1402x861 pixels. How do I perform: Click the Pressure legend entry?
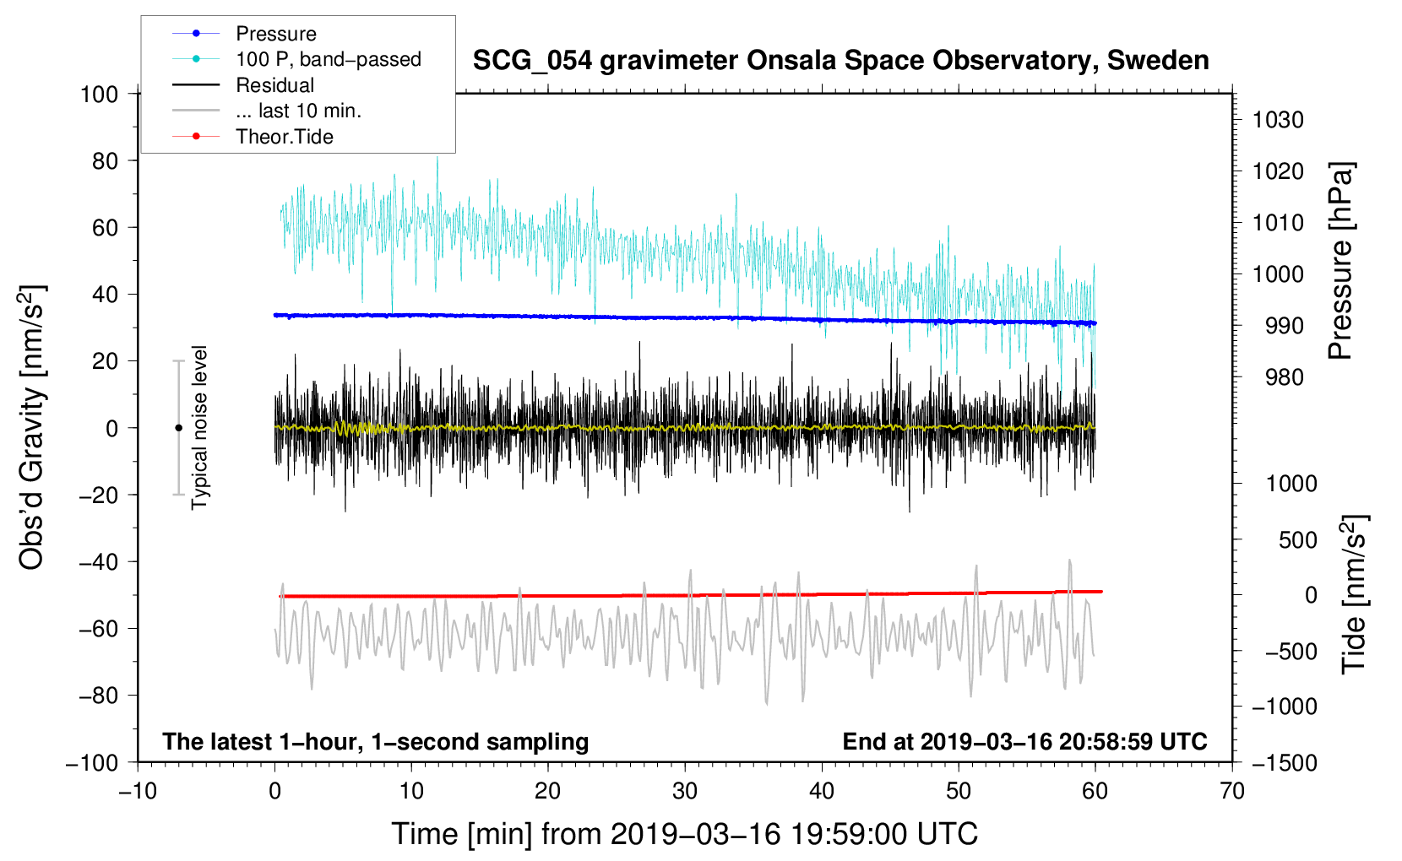coord(244,33)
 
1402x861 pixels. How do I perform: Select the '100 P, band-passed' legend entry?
coord(296,59)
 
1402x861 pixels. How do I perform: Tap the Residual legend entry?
coord(243,85)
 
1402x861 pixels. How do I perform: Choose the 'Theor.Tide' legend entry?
coord(253,137)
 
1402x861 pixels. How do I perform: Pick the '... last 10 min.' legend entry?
coord(267,111)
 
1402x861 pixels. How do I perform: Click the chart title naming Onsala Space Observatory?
coord(840,61)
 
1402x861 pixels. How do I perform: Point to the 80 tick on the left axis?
coord(105,161)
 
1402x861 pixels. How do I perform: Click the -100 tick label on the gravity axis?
coord(92,763)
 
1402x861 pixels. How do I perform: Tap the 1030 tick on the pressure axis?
coord(1278,120)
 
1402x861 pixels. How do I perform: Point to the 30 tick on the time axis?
coord(685,792)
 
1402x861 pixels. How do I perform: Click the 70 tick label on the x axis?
coord(1231,792)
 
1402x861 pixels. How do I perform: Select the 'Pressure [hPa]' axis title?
coord(1340,260)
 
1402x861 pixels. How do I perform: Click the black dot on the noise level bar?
coord(178,428)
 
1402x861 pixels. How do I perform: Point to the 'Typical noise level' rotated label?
coord(199,428)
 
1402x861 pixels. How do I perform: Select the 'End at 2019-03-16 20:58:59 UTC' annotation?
coord(1024,742)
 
